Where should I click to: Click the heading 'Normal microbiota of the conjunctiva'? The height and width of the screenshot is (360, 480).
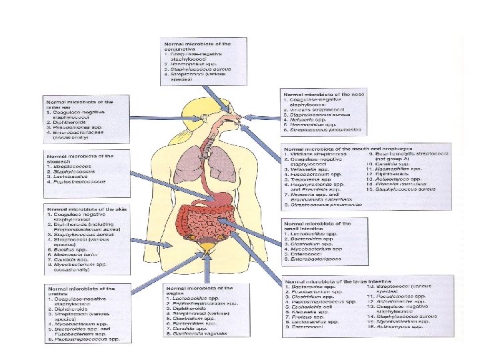tap(193, 47)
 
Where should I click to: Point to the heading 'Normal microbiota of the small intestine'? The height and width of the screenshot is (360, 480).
tap(317, 225)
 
